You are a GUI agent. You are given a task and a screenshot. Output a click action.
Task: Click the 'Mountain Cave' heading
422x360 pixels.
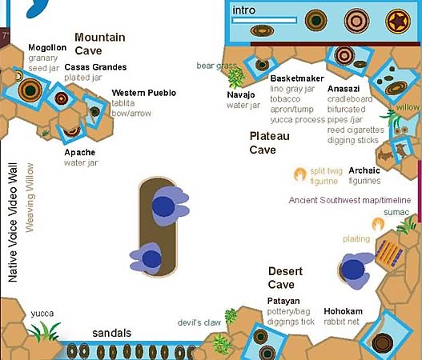click(100, 44)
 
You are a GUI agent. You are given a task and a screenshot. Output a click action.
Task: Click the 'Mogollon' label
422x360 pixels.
click(48, 48)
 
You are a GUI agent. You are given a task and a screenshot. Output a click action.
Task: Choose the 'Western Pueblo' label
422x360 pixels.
click(144, 94)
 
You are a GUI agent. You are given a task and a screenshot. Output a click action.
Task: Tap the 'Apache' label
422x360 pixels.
click(80, 152)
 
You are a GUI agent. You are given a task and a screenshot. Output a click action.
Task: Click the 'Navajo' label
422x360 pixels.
click(241, 94)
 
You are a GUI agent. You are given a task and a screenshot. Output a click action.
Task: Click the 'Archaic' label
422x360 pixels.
click(364, 170)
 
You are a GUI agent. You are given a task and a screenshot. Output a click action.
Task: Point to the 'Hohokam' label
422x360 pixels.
click(343, 310)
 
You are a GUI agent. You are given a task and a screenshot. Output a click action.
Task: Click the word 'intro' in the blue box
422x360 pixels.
click(244, 10)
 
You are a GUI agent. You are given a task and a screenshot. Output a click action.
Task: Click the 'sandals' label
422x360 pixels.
click(111, 333)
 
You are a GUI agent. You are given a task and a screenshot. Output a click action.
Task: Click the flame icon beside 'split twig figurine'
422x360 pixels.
click(299, 173)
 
